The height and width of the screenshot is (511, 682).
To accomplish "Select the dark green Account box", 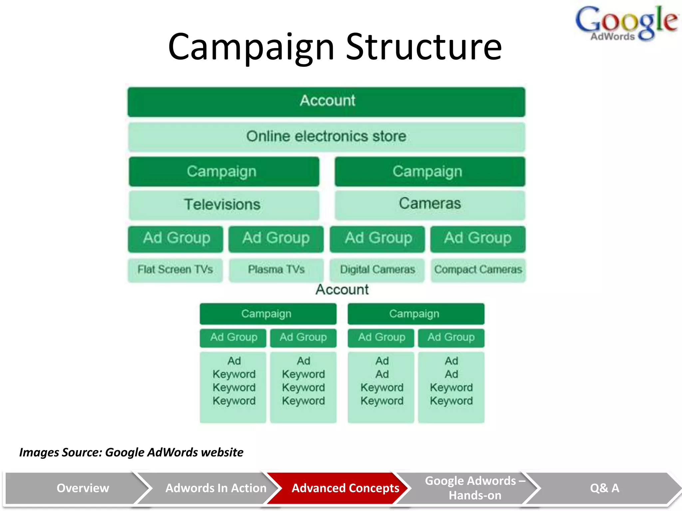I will [x=326, y=101].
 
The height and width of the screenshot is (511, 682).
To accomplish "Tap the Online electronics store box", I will [x=326, y=136].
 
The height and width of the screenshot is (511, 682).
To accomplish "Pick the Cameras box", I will [x=430, y=204].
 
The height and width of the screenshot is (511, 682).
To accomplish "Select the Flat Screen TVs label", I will [x=175, y=269].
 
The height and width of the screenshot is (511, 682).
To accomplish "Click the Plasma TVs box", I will [x=276, y=269].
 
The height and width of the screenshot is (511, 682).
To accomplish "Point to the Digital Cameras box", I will [x=377, y=269].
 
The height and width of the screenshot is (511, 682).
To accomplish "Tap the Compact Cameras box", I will [x=478, y=269].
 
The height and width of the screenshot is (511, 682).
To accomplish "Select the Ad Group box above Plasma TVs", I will [x=276, y=238].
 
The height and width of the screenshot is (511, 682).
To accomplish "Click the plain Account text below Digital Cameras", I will [x=342, y=290].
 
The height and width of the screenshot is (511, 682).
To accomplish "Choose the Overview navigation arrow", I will [x=77, y=488].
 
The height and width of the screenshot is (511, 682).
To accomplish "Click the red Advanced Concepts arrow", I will [x=340, y=488].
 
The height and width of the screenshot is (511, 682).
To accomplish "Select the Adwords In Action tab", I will [x=213, y=488].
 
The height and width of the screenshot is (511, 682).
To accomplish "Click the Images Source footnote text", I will [x=131, y=452].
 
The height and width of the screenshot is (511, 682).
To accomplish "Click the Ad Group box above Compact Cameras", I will [x=478, y=238].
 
